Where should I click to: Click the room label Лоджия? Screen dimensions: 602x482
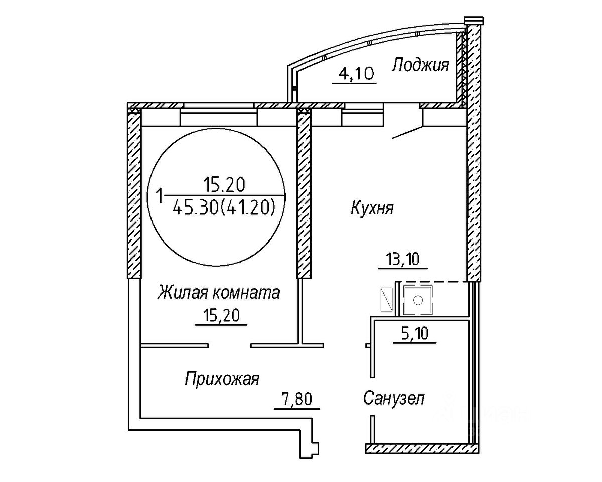coord(420,65)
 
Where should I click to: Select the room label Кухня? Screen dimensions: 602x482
coord(372,208)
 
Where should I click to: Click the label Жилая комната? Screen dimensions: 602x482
coord(219,292)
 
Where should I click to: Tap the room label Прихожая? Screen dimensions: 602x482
coord(222,378)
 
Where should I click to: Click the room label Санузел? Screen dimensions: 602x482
coord(394,399)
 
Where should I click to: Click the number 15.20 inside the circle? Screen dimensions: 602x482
coord(224,185)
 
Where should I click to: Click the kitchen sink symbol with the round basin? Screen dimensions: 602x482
coord(417,300)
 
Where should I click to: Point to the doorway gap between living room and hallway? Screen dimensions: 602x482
coord(230,345)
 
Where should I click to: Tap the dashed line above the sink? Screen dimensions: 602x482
coord(434,282)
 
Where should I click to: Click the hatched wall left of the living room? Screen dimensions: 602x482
coord(133,196)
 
